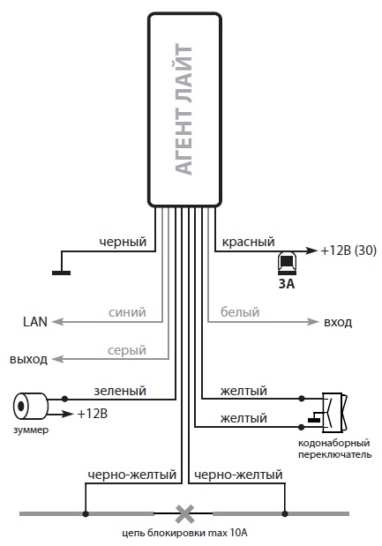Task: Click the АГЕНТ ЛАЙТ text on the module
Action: (184, 109)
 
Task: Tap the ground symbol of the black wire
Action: (61, 273)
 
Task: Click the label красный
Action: (248, 242)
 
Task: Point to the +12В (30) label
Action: (348, 251)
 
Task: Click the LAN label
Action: (35, 322)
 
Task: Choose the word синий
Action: (127, 312)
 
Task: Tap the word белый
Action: (240, 311)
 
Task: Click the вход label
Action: (338, 323)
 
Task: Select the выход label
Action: (28, 359)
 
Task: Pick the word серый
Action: (127, 350)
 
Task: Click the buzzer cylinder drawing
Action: (31, 406)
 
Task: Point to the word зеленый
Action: (120, 391)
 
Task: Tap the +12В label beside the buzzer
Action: (93, 414)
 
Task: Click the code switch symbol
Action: (334, 413)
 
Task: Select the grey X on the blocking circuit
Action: (185, 514)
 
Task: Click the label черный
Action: (123, 242)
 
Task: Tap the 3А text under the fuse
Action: (287, 284)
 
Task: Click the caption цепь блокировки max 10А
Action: (185, 533)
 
